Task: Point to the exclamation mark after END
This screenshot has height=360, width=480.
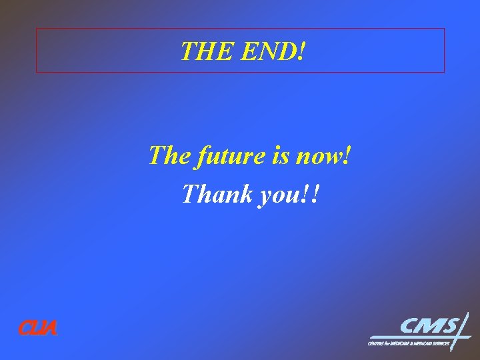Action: coord(301,51)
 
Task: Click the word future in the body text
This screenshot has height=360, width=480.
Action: coord(224,156)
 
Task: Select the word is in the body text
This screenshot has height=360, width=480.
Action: coord(281,156)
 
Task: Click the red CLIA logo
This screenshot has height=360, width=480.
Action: coord(37,328)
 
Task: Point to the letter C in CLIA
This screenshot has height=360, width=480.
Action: coord(23,328)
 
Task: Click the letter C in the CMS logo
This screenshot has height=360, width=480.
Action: coord(411,326)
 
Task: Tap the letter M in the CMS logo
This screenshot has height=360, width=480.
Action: coord(431,326)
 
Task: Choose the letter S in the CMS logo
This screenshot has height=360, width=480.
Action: coord(450,326)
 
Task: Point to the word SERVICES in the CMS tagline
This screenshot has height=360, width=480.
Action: coord(439,343)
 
